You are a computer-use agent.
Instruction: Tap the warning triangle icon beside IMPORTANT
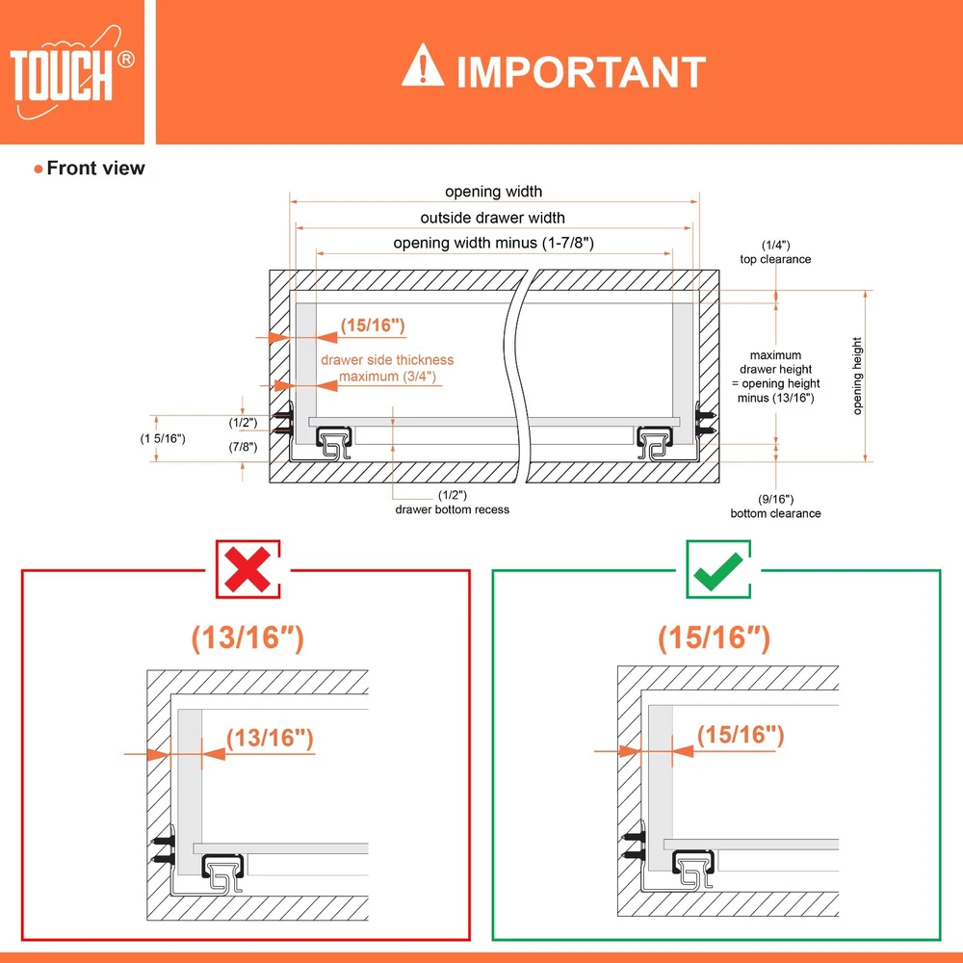point(423,65)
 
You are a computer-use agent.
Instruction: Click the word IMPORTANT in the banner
point(581,72)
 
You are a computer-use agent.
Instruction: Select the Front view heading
point(95,168)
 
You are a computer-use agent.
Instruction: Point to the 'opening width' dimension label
point(493,192)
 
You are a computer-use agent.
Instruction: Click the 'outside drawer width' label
point(492,218)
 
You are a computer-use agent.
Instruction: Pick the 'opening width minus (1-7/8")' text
point(493,244)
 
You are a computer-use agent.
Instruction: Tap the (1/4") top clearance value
point(775,245)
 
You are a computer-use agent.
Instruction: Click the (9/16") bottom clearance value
point(775,499)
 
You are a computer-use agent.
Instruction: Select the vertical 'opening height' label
point(857,376)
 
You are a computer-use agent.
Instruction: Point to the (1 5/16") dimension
point(163,438)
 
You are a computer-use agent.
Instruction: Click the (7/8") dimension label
point(244,447)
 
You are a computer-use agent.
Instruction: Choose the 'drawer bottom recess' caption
point(452,509)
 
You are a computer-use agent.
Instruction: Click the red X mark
point(247,569)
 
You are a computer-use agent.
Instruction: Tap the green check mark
point(718,570)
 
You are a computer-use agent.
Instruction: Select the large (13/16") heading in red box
point(247,638)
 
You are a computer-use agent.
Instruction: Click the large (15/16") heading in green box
point(715,638)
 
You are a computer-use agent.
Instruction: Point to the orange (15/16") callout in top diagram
point(373,325)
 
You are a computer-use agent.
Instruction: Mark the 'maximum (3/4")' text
point(387,376)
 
